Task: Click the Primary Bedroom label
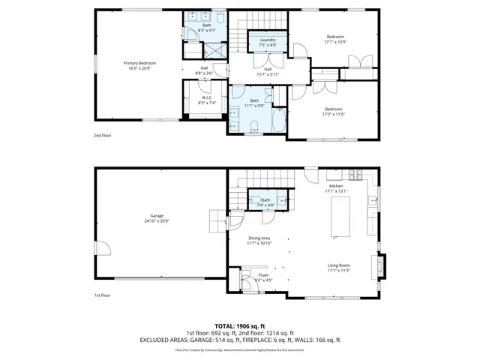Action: pyautogui.click(x=137, y=65)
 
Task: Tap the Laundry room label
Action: pyautogui.click(x=268, y=42)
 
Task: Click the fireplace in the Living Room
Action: pyautogui.click(x=383, y=266)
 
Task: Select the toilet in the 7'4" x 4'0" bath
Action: pyautogui.click(x=255, y=200)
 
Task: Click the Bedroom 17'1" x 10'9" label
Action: pyautogui.click(x=334, y=39)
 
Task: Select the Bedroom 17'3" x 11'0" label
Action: pyautogui.click(x=334, y=111)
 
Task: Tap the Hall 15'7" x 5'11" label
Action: pyautogui.click(x=267, y=71)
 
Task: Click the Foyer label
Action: pyautogui.click(x=263, y=277)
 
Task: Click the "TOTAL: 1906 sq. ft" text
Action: pyautogui.click(x=239, y=325)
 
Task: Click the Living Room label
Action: pyautogui.click(x=339, y=268)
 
